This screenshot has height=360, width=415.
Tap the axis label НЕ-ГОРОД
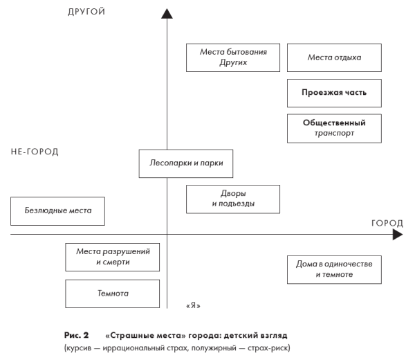click(x=35, y=152)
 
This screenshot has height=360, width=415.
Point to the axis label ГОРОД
click(x=387, y=223)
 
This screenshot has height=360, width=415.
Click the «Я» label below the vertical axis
click(x=194, y=305)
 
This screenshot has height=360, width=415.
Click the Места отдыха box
click(x=334, y=57)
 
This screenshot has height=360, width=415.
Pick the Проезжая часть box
click(x=334, y=93)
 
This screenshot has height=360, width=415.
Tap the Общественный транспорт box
click(x=334, y=128)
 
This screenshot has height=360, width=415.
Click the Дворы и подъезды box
click(x=233, y=199)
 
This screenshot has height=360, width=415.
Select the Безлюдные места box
click(x=58, y=210)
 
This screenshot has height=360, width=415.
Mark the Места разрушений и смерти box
click(x=113, y=257)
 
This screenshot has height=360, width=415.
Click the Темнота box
click(x=113, y=294)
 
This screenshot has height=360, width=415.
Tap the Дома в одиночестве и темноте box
click(x=334, y=269)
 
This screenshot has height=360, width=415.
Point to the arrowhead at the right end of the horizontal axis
click(x=397, y=235)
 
